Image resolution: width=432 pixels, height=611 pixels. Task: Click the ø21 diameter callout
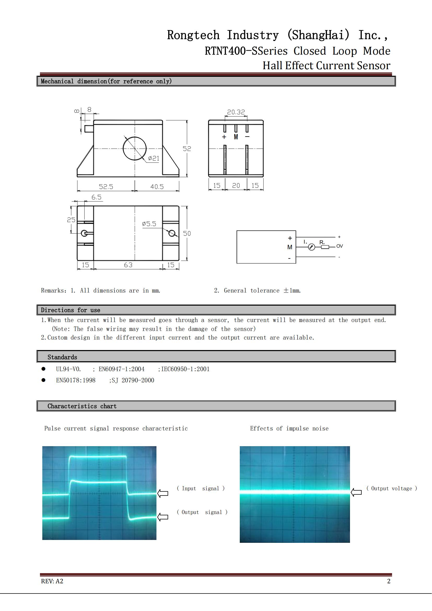(x=154, y=158)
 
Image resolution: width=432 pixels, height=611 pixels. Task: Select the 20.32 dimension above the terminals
(x=236, y=112)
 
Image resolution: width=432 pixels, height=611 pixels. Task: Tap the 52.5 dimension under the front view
(x=106, y=187)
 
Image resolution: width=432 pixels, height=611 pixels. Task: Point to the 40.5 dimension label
(x=157, y=187)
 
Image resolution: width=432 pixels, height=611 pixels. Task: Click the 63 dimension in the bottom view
(x=128, y=265)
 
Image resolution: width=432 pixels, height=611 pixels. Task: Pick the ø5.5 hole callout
(x=149, y=224)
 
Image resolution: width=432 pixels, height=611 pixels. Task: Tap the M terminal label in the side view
(x=236, y=137)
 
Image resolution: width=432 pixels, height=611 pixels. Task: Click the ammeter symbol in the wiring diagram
(x=312, y=247)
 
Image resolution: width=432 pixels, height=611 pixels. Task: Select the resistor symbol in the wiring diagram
(x=325, y=247)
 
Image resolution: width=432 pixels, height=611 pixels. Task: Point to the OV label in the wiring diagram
(x=340, y=246)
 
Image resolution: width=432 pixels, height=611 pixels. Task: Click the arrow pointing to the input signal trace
(x=163, y=493)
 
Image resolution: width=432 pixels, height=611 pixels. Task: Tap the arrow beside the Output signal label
(x=163, y=517)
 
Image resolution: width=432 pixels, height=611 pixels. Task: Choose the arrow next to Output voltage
(x=356, y=492)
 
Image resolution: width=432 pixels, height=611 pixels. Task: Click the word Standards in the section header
(x=62, y=357)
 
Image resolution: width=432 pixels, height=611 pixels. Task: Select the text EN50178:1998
(x=76, y=380)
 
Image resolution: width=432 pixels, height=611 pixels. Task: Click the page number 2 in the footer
(x=389, y=581)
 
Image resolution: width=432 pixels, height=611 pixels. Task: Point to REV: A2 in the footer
(x=52, y=581)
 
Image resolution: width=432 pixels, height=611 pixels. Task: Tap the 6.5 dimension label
(x=96, y=197)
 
